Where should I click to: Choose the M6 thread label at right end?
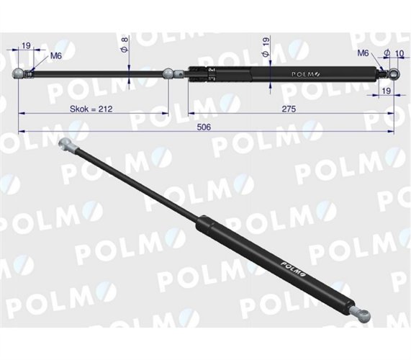click(363, 53)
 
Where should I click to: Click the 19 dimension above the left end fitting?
click(26, 45)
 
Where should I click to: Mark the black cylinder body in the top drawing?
click(288, 72)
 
